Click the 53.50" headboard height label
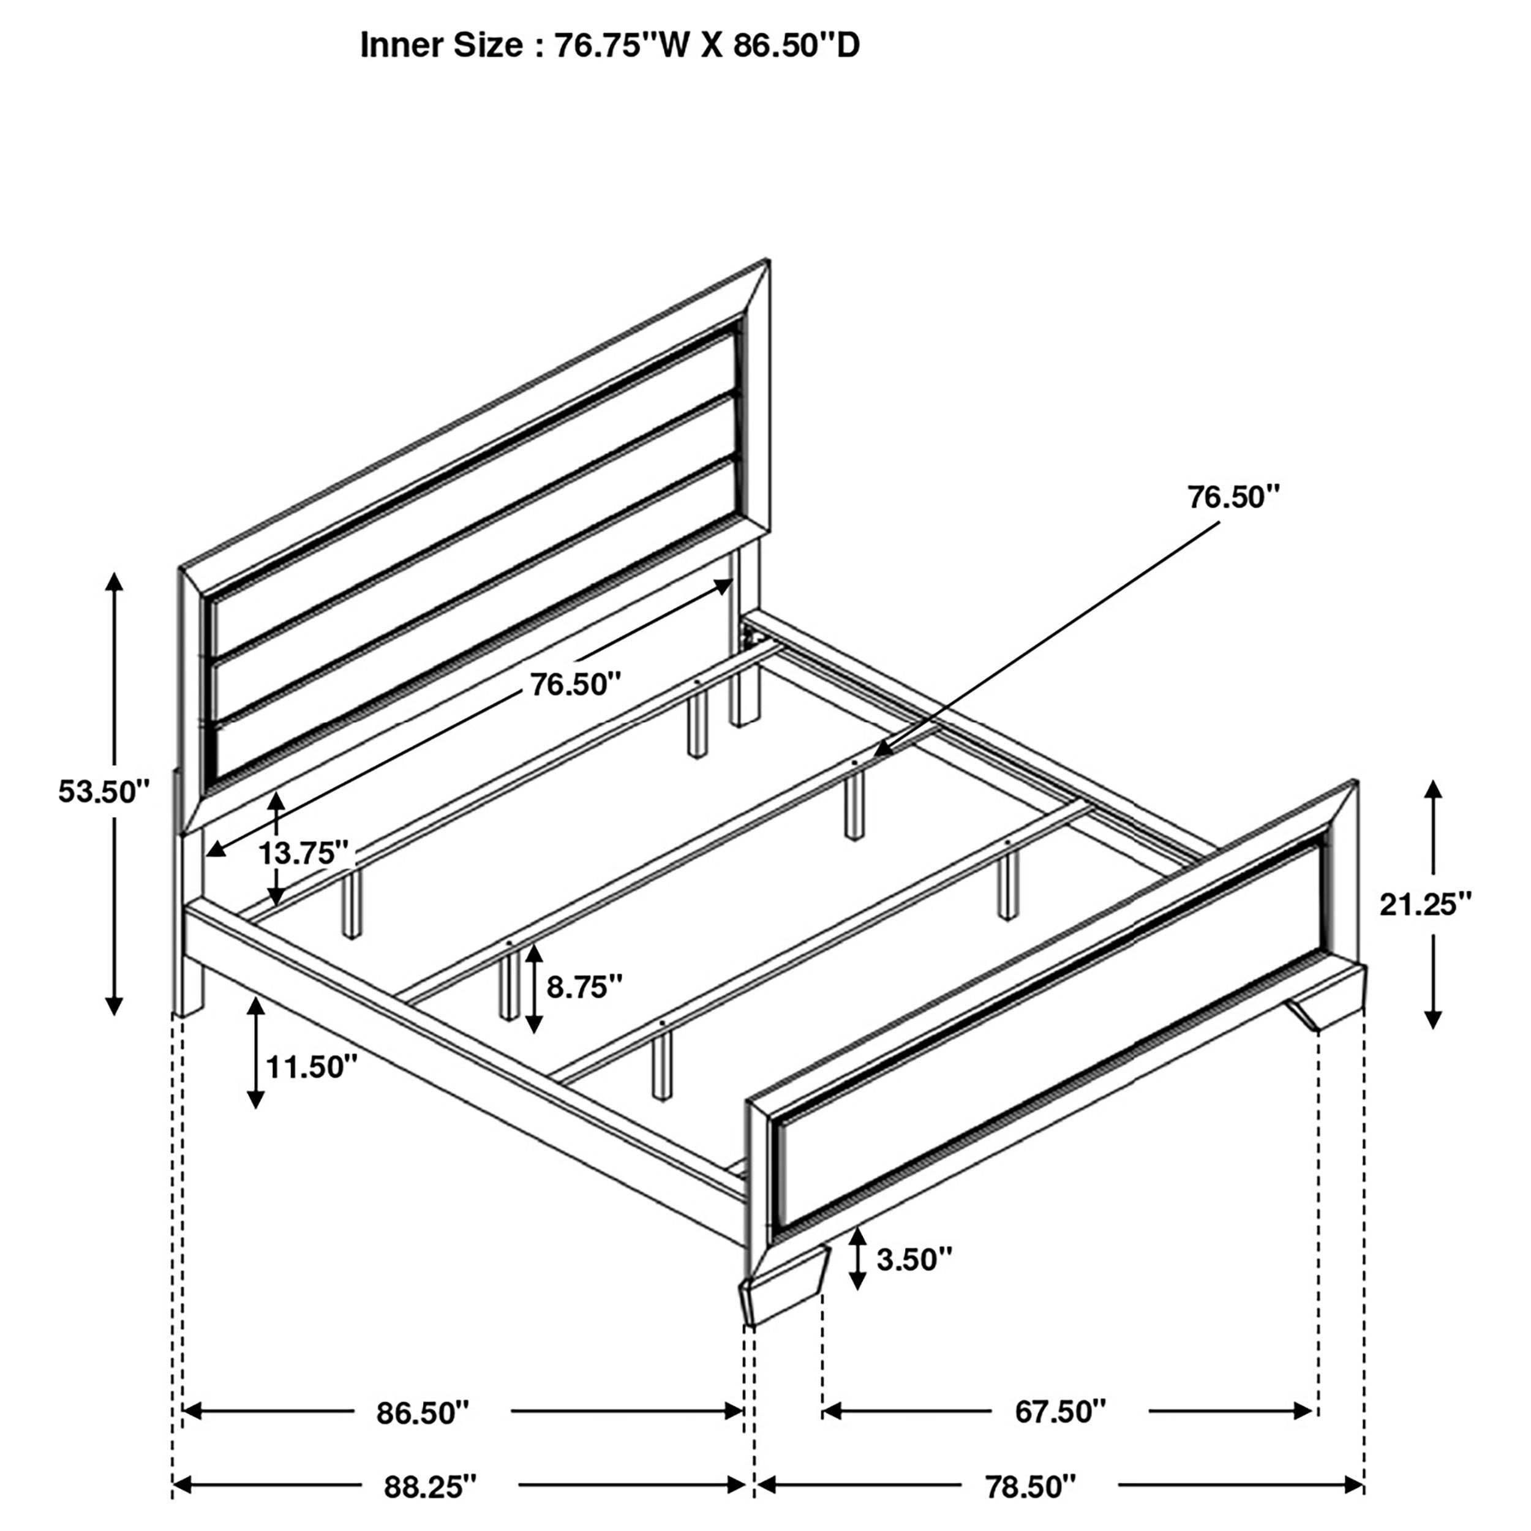(104, 792)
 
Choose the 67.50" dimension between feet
(1060, 1412)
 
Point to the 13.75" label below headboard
(304, 854)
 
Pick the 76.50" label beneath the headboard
(574, 684)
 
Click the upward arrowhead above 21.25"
(1433, 789)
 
